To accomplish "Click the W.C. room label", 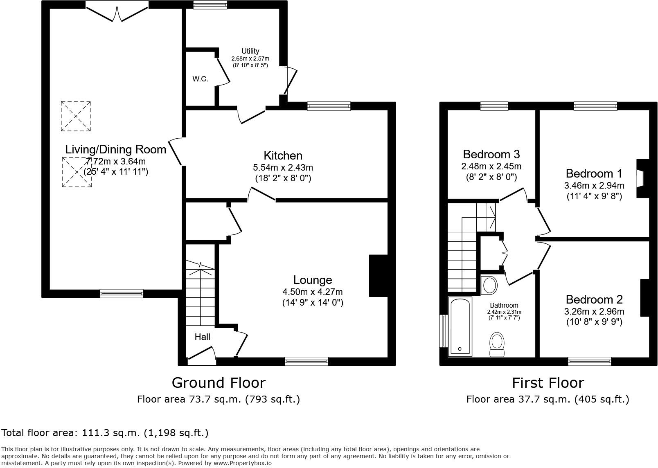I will coord(200,79).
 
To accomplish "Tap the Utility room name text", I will coord(250,51).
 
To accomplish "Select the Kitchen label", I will coord(283,155).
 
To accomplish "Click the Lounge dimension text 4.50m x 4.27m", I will coord(312,292).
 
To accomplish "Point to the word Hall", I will coord(202,337).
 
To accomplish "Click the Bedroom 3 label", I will coord(491,154).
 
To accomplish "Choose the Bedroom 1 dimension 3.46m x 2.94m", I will coord(594,185).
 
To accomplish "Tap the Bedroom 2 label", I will coord(594,299).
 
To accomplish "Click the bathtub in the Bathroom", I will coord(460,326).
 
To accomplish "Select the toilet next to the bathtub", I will coord(497,345).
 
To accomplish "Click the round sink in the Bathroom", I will coord(489,285).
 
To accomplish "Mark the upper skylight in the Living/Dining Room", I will coord(76,116).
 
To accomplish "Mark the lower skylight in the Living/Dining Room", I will coord(77,172).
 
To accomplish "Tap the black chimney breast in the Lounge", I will coord(378,275).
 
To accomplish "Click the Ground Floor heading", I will coord(219,382).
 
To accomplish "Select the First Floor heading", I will coord(548,382).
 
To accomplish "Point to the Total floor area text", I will coord(105,432).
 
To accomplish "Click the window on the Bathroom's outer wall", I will coord(443,331).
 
